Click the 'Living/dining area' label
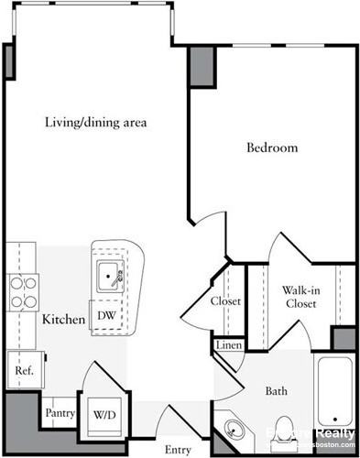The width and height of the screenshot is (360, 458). [95, 122]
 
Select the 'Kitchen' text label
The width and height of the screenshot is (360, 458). [63, 320]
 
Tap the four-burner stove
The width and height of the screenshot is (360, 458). [22, 291]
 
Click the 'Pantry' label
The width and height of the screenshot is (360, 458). [60, 412]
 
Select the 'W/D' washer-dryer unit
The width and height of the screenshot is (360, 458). [103, 413]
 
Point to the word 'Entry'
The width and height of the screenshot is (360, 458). [178, 449]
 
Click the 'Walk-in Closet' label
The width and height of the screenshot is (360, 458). [300, 297]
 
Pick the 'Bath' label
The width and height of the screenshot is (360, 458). [277, 391]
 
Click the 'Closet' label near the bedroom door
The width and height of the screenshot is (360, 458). [225, 301]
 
